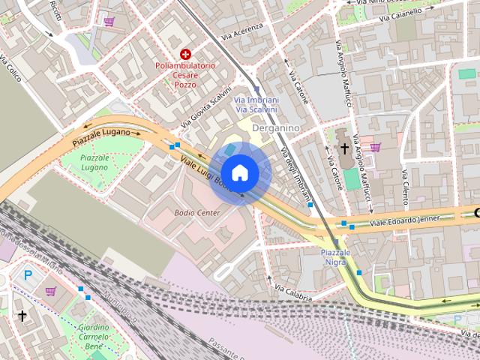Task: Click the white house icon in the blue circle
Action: click(240, 173)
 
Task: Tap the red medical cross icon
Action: click(185, 54)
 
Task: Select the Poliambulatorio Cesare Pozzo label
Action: click(185, 75)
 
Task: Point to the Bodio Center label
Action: click(197, 213)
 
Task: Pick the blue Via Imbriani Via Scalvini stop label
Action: click(256, 105)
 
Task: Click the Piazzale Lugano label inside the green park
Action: click(94, 163)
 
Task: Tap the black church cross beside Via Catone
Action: click(344, 148)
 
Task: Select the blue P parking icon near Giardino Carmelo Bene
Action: click(28, 276)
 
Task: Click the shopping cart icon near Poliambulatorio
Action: click(109, 22)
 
